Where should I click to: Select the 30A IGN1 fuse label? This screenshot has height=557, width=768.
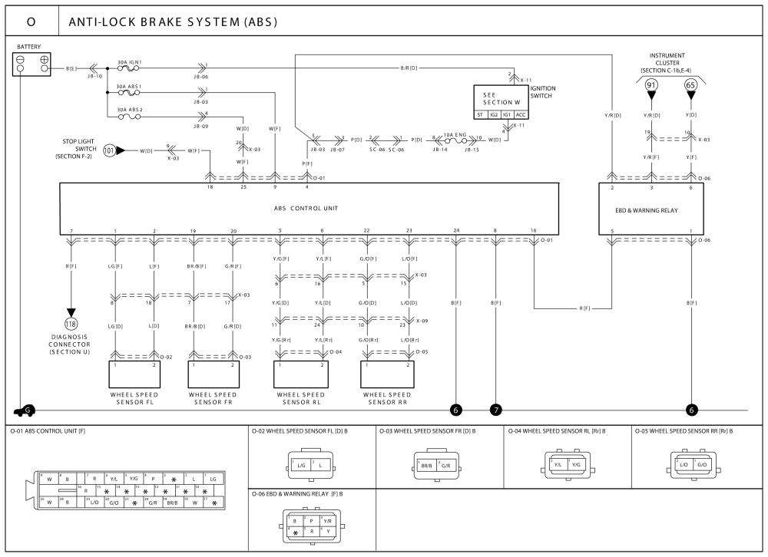pos(129,61)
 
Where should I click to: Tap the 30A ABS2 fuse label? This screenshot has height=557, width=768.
pos(129,110)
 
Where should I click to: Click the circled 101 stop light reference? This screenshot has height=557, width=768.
pos(110,151)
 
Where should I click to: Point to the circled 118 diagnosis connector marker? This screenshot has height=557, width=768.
pos(71,322)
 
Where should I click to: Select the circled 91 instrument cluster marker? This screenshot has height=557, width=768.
pos(651,86)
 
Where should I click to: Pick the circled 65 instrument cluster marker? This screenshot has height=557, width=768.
pos(690,86)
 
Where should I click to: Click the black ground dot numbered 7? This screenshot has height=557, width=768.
pos(496,410)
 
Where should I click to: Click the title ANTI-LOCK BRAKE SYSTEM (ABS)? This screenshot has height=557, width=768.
pos(173,21)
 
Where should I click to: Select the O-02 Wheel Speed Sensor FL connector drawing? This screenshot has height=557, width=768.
pos(311,464)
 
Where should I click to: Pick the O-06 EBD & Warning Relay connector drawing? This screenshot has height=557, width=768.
pos(311,526)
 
